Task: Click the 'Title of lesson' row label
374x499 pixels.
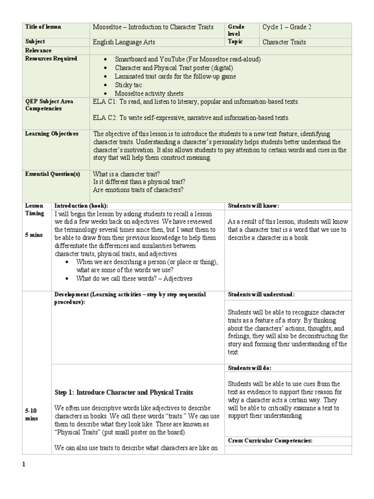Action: [43, 27]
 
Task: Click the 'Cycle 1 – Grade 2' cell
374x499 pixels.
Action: [287, 27]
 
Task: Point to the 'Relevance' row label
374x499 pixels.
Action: [38, 50]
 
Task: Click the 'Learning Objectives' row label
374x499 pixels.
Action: [52, 134]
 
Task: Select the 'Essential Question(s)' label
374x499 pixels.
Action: [52, 174]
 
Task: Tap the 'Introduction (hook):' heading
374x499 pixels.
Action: [81, 206]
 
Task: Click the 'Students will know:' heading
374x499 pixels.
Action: [253, 206]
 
